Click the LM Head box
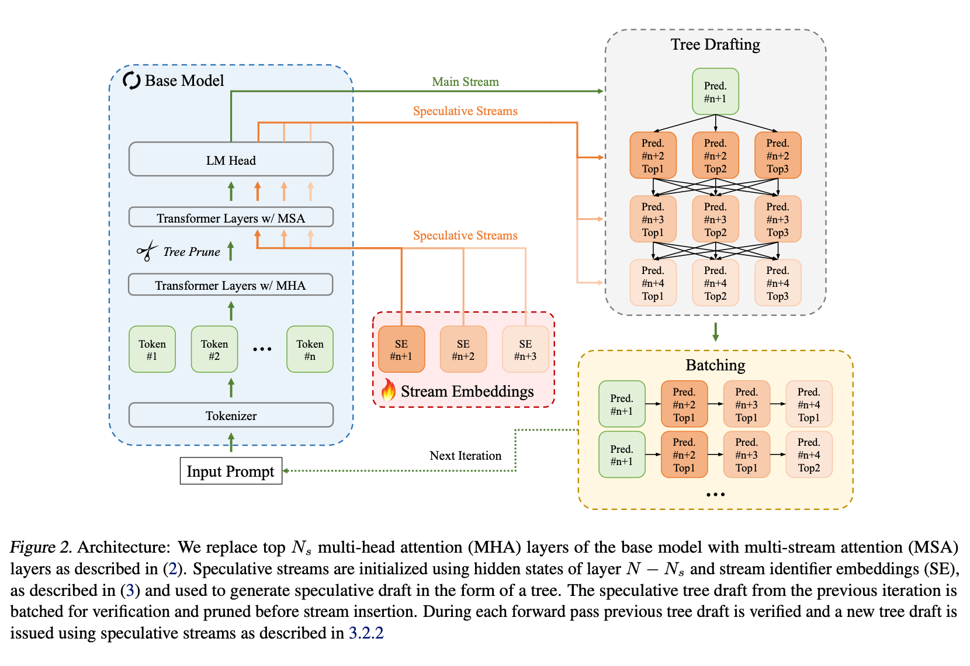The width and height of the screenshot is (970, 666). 231,159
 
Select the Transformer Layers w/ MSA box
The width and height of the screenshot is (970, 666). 231,218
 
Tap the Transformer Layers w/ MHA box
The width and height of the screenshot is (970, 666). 231,285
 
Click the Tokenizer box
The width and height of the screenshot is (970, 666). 231,415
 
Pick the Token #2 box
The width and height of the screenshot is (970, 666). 214,349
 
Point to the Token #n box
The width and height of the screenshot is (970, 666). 310,349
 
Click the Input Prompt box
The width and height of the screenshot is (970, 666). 231,471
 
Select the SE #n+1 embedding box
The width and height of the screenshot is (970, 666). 401,349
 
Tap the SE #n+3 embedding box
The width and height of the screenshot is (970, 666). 525,349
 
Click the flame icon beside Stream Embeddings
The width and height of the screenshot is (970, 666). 388,390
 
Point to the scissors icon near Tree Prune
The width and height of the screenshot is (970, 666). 147,251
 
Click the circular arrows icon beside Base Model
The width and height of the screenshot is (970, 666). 131,81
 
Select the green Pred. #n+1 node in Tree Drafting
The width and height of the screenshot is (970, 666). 715,92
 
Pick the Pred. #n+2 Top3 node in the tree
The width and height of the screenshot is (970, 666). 778,155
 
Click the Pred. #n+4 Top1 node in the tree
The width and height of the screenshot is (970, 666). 653,283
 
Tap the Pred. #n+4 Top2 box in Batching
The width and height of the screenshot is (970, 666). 809,455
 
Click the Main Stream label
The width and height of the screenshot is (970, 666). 465,82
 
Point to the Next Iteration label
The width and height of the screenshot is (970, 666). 465,456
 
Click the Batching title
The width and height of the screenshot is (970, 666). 715,365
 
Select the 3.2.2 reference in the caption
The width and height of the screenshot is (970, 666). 366,633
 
